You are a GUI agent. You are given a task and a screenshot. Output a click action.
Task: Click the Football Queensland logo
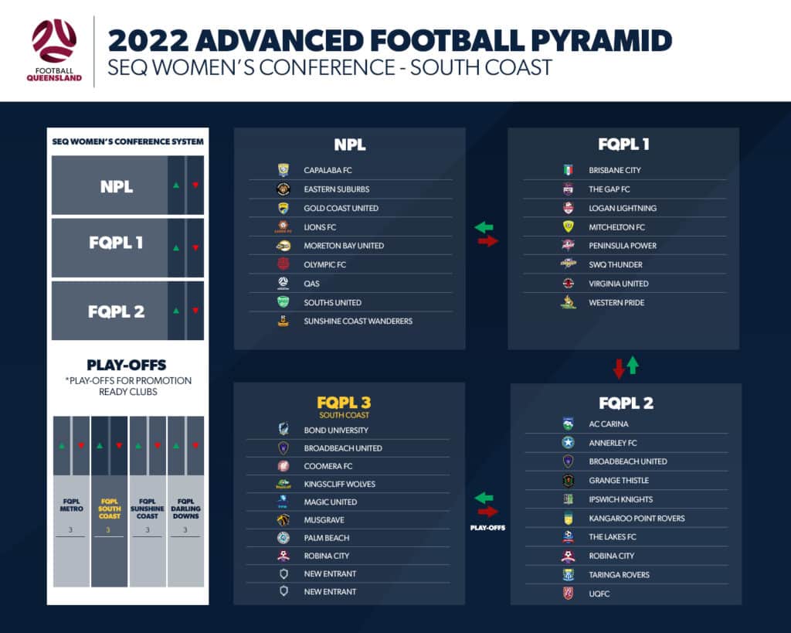(x=54, y=50)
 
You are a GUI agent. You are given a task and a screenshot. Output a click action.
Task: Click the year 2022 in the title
(x=148, y=41)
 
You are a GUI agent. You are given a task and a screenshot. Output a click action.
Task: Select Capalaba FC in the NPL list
(x=328, y=170)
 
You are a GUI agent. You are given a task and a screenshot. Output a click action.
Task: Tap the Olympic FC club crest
(x=283, y=264)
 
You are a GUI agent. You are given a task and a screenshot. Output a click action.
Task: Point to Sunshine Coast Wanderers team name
(x=358, y=321)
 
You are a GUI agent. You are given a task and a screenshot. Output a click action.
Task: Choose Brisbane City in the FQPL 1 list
(x=615, y=170)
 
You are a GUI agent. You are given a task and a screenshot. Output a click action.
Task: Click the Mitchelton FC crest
(x=569, y=226)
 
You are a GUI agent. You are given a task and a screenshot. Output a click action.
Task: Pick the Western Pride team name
(x=616, y=302)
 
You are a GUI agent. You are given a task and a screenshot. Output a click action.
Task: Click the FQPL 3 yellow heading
(x=344, y=403)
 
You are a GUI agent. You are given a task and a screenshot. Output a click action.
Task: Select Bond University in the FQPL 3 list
(x=336, y=430)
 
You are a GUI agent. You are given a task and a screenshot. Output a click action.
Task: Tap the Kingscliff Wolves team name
(x=340, y=484)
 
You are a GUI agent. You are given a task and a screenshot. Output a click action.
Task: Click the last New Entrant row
(x=330, y=591)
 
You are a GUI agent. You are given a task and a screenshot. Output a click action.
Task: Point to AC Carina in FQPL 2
(x=609, y=424)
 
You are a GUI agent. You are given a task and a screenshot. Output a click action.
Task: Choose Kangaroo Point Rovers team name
(x=637, y=519)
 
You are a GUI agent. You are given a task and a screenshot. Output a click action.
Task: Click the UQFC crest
(x=569, y=593)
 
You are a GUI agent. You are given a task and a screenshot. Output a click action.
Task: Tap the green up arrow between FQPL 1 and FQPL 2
(x=633, y=366)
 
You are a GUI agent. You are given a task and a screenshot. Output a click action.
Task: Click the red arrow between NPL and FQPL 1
(x=488, y=241)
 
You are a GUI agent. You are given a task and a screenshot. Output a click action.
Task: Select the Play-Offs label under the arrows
(x=487, y=527)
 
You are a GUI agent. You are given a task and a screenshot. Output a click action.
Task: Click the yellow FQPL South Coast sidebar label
(x=110, y=509)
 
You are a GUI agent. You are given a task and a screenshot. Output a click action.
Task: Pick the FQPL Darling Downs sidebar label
(x=185, y=509)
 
